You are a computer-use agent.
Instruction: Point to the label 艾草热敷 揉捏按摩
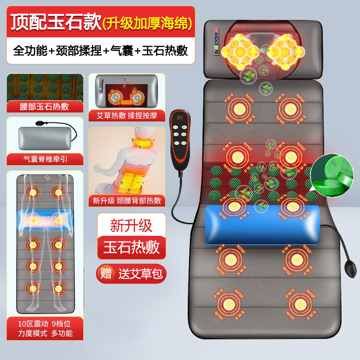pyautogui.click(x=127, y=115)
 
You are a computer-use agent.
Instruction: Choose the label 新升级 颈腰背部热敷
pyautogui.click(x=127, y=201)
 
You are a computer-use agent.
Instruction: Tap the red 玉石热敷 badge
pyautogui.click(x=131, y=248)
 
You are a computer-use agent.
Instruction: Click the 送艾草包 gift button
pyautogui.click(x=131, y=273)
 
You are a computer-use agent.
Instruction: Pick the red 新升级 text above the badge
pyautogui.click(x=131, y=225)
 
